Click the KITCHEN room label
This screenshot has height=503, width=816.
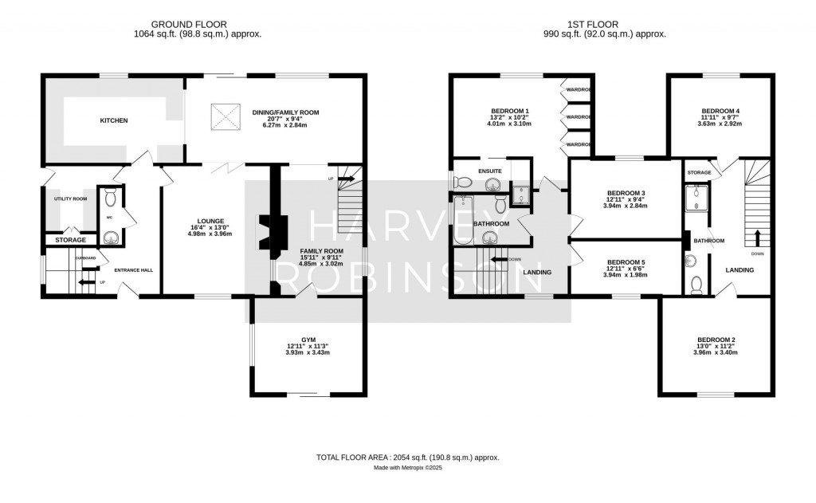click(x=113, y=120)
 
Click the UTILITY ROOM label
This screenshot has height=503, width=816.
click(x=70, y=198)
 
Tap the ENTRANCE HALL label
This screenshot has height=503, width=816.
click(x=133, y=270)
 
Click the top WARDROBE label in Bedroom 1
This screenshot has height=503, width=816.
click(x=578, y=90)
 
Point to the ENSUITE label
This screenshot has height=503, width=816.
click(x=491, y=171)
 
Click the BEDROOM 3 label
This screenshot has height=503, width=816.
click(x=626, y=193)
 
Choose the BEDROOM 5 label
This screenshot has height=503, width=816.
click(x=626, y=262)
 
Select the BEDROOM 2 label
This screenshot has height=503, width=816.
click(x=716, y=340)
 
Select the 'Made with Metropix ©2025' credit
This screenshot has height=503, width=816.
click(x=407, y=468)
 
